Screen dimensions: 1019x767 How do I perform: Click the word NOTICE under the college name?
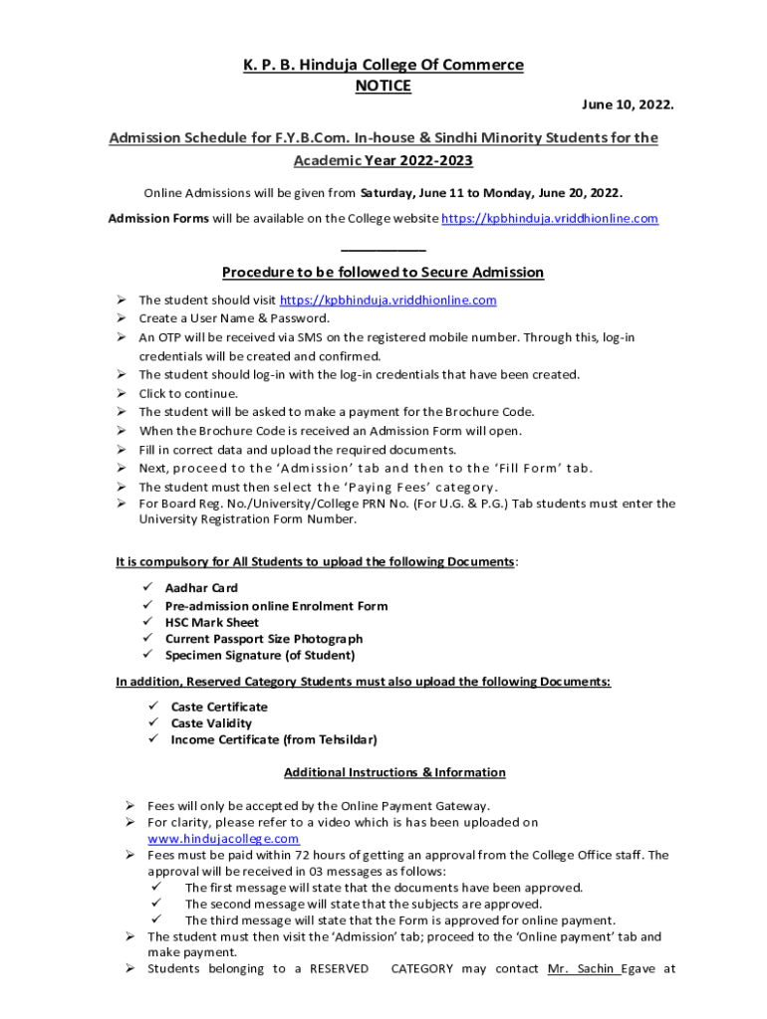click(383, 87)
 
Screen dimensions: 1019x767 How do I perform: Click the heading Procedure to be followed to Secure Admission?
click(383, 273)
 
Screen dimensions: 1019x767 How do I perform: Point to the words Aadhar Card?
click(201, 588)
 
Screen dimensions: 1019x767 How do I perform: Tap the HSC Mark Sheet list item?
click(212, 622)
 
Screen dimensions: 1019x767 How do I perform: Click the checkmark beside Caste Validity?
click(153, 723)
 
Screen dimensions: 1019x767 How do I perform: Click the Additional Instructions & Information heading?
click(394, 772)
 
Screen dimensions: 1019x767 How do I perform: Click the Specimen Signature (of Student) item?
click(260, 655)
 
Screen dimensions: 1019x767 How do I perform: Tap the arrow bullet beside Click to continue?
click(119, 393)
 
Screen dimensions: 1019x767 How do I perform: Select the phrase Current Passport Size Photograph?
click(264, 639)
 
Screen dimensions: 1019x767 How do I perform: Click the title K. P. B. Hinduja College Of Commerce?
click(383, 66)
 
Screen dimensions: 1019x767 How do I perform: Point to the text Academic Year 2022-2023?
click(383, 161)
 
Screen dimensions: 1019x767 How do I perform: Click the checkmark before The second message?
click(153, 904)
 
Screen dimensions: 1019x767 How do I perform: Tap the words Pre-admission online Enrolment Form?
click(277, 605)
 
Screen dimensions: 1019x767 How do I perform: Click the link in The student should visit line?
click(388, 301)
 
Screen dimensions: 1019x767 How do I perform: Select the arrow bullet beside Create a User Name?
click(119, 318)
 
